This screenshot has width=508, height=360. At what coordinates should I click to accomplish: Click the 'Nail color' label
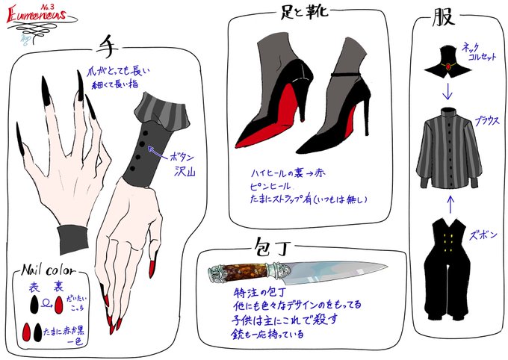pyautogui.click(x=47, y=270)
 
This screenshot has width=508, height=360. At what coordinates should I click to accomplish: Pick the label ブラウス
pyautogui.click(x=485, y=120)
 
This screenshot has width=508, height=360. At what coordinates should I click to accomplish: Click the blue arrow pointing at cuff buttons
pyautogui.click(x=159, y=152)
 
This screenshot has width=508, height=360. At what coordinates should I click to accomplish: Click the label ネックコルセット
pyautogui.click(x=480, y=51)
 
